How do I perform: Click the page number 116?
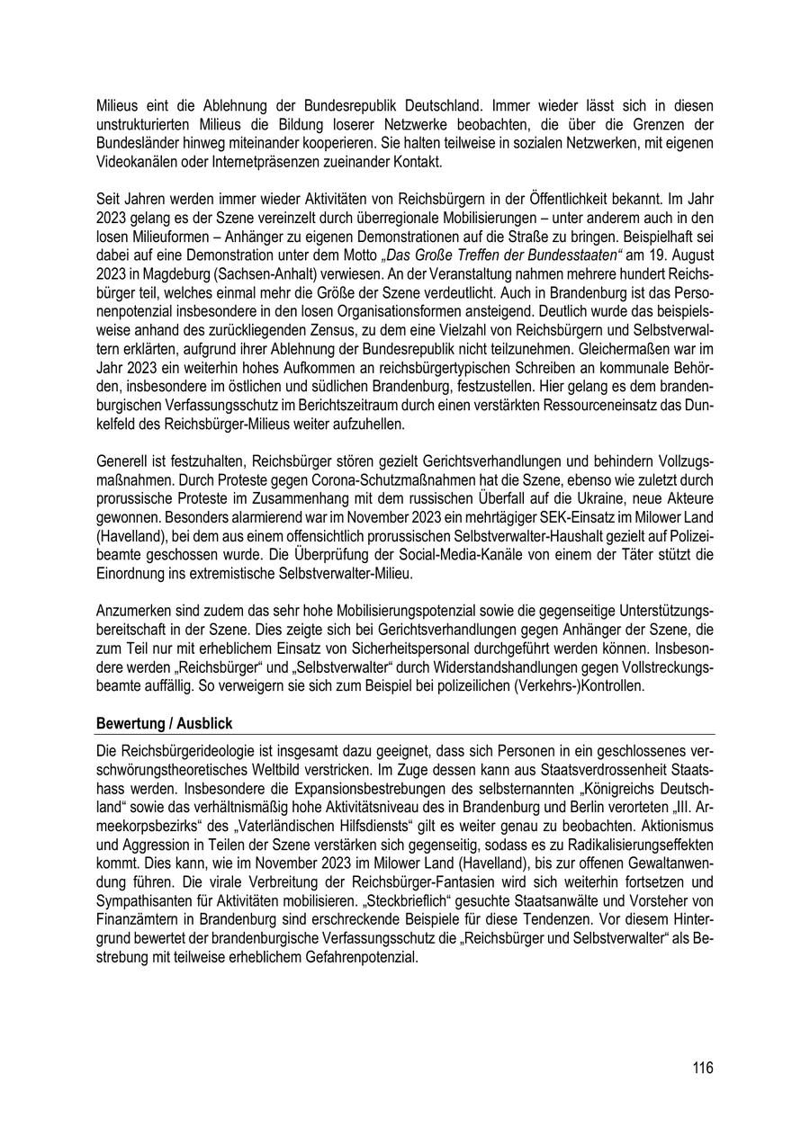(x=703, y=1068)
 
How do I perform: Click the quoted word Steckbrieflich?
(x=389, y=893)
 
